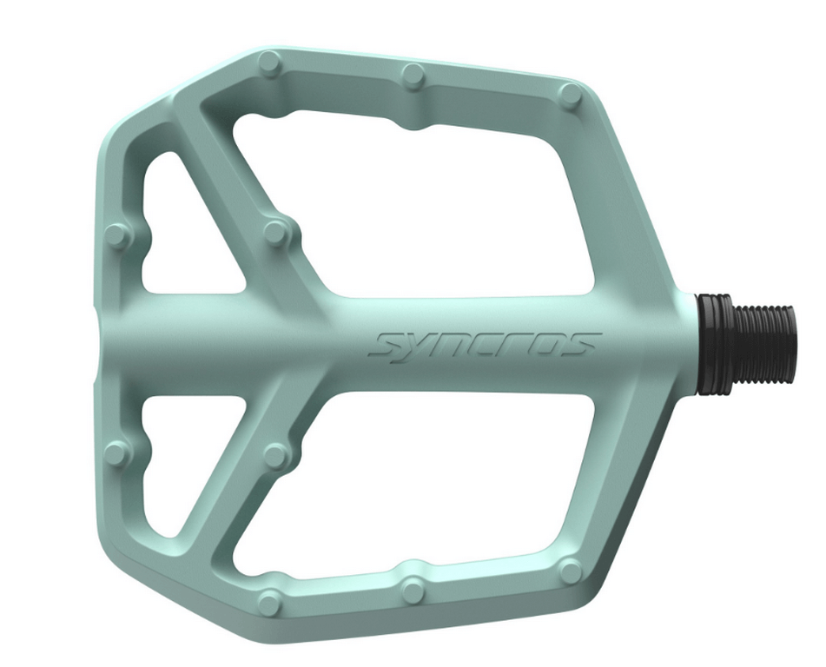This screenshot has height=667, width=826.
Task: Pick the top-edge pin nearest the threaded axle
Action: pos(571,95)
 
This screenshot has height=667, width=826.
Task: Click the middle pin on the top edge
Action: pos(413,77)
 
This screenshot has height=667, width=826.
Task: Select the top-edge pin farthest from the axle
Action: pos(269,63)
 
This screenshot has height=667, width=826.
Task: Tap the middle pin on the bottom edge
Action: pos(413,590)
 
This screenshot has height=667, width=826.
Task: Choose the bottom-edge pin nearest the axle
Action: pos(571,571)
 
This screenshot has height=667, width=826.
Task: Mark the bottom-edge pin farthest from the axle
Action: pos(270,601)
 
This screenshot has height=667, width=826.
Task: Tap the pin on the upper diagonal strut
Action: pos(275,232)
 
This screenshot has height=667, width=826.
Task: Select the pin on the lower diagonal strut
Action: pos(275,455)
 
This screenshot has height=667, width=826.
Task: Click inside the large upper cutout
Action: pos(434,208)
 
